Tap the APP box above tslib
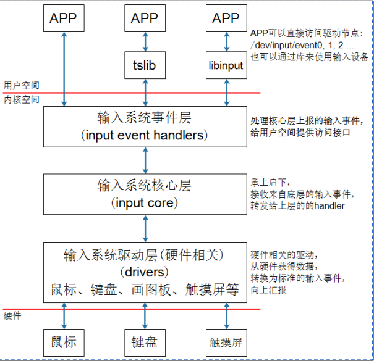pos(145,18)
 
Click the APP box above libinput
pos(226,18)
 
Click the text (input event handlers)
pos(146,135)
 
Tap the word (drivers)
pos(146,272)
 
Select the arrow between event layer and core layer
pos(145,160)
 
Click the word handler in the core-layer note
pos(330,206)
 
